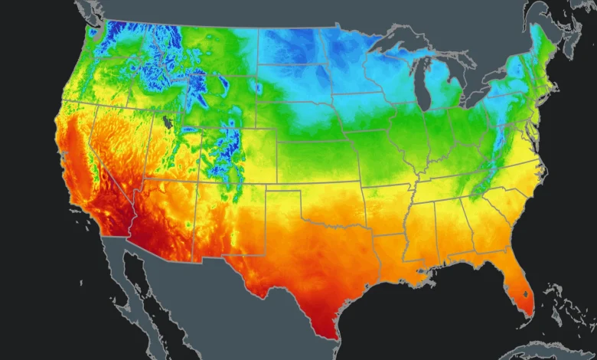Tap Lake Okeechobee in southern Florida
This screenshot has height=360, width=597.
click(524, 293)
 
